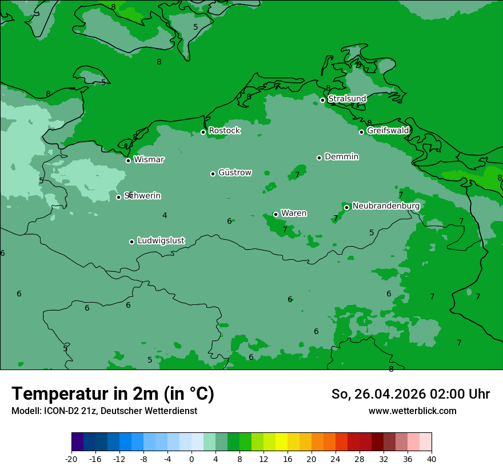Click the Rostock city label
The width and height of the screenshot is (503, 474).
224,131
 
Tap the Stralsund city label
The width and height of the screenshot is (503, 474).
347,99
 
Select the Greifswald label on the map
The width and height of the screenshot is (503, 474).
388,131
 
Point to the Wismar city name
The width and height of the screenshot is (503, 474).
149,160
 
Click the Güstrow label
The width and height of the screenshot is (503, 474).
234,172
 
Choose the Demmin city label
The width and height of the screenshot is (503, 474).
341,156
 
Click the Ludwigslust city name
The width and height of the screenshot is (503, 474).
161,241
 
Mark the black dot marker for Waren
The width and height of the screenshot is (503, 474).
276,214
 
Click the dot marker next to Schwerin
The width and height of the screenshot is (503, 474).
118,197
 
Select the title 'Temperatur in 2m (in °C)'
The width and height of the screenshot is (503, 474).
113,393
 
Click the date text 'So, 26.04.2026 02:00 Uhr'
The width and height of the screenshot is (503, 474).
410,394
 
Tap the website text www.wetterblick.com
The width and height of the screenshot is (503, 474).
412,411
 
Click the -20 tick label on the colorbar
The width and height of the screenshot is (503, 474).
71,459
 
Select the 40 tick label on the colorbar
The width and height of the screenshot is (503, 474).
431,459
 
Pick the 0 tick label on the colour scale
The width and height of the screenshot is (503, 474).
191,459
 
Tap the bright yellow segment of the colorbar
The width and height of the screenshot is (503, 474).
281,442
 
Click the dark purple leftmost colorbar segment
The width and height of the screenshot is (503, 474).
78,442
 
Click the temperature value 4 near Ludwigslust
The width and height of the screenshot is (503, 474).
165,216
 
